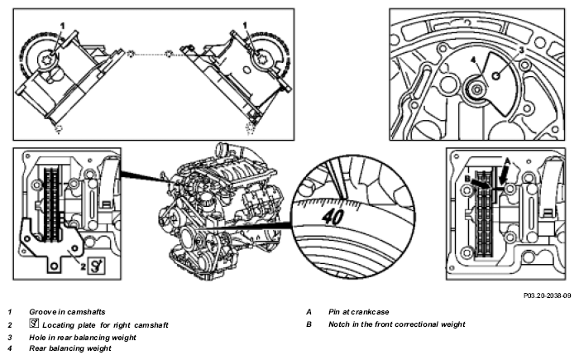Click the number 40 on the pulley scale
333,217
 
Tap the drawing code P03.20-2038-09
548,295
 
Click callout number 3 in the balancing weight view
521,50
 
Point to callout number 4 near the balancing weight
474,60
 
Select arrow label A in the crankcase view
507,161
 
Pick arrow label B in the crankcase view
467,179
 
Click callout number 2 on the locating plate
84,266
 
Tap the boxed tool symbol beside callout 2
97,266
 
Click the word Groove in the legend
41,312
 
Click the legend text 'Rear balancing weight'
70,348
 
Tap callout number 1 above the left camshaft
62,26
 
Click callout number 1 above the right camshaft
245,25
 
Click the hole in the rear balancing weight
496,76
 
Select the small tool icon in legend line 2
34,324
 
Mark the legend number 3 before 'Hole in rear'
10,338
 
